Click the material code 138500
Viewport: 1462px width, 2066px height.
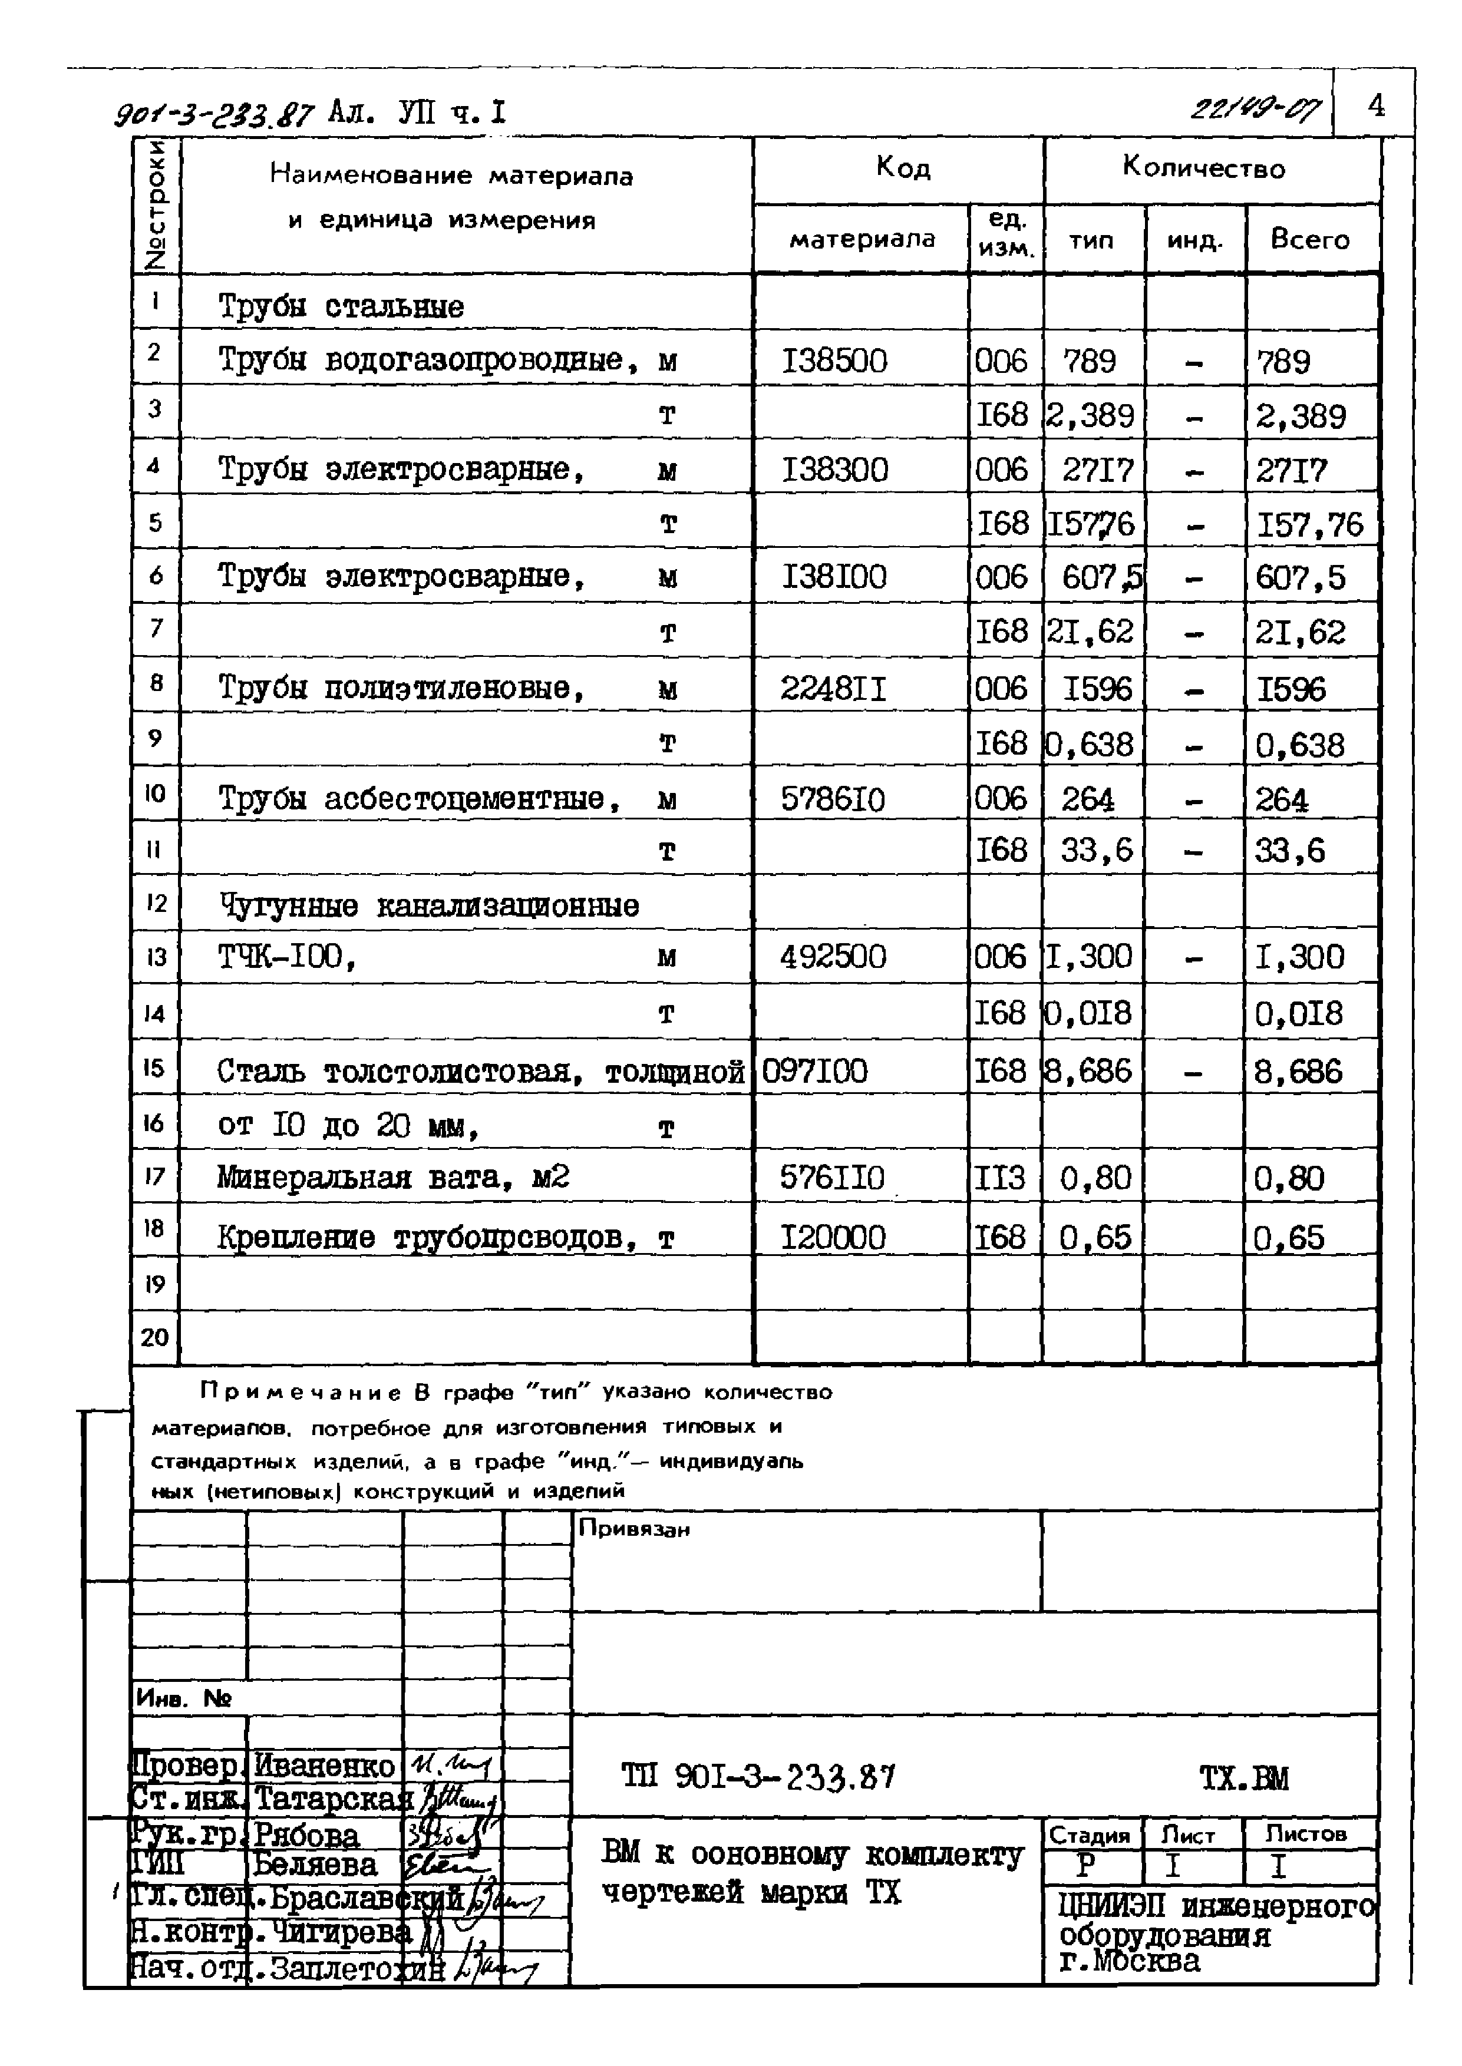[834, 361]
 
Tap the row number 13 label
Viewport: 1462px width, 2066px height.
[156, 957]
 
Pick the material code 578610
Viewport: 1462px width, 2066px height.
[833, 799]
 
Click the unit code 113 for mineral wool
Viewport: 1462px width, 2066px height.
[1000, 1177]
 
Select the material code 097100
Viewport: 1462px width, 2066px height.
[815, 1071]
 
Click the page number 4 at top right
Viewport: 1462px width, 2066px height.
[1375, 106]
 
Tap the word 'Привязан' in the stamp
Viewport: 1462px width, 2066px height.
[634, 1528]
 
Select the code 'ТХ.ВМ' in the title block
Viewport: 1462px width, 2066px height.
[1244, 1778]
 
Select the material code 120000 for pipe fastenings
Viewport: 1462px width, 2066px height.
[833, 1237]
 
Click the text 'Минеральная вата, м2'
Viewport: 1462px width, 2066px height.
[392, 1177]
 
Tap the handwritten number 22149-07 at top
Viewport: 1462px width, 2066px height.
[1255, 110]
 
